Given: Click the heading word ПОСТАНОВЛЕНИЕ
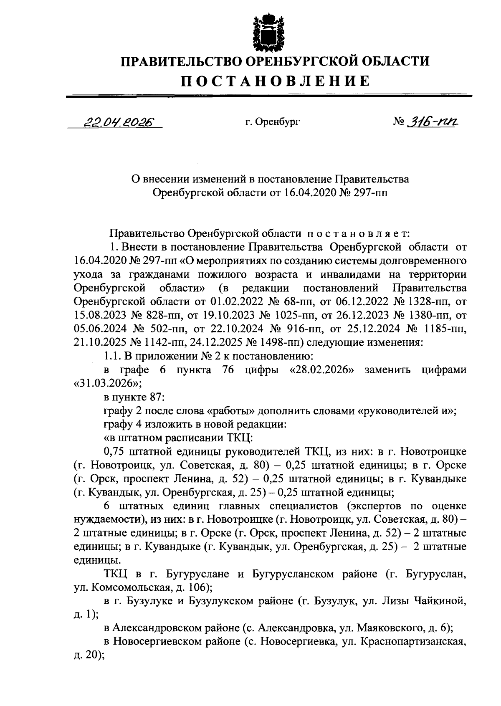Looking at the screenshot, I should pyautogui.click(x=275, y=81).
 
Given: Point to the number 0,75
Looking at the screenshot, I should pyautogui.click(x=114, y=452).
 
